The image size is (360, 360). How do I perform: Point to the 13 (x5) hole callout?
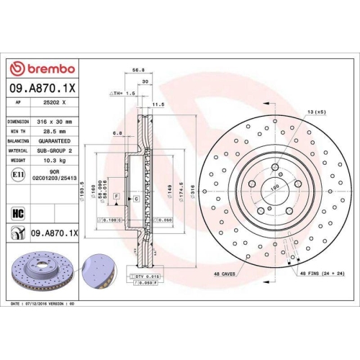tap(316, 112)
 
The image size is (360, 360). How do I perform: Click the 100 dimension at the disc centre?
tap(274, 186)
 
